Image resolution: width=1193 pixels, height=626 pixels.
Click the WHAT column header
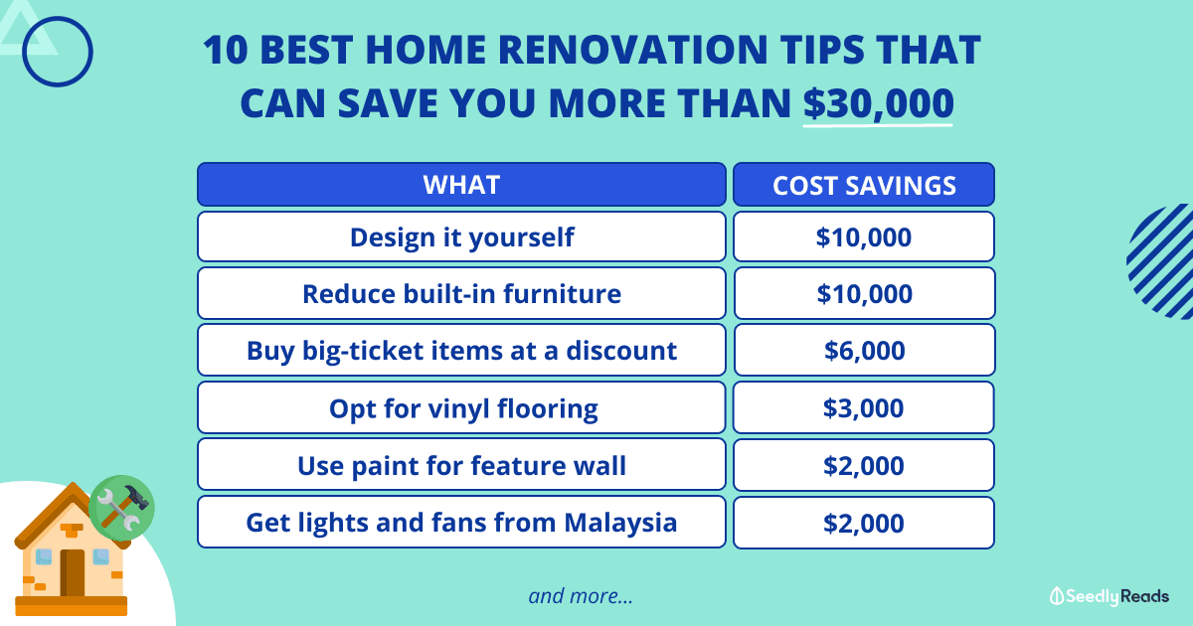pyautogui.click(x=461, y=184)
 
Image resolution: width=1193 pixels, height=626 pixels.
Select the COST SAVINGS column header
pyautogui.click(x=864, y=184)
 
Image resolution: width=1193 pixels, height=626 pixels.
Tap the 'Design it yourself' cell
pyautogui.click(x=461, y=236)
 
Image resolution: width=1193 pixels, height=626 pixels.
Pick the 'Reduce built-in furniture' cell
pyautogui.click(x=461, y=293)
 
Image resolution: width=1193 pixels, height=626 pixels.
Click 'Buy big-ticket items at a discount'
pyautogui.click(x=461, y=350)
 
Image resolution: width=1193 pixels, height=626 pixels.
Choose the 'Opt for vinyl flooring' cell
pyautogui.click(x=461, y=407)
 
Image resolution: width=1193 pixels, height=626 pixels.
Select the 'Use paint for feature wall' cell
pyautogui.click(x=461, y=465)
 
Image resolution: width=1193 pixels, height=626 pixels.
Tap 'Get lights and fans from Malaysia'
pyautogui.click(x=461, y=523)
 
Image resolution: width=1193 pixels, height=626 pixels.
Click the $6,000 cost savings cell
pyautogui.click(x=864, y=350)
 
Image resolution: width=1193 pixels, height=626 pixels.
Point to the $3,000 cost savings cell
pyautogui.click(x=864, y=407)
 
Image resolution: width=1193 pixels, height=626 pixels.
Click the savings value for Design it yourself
pyautogui.click(x=864, y=236)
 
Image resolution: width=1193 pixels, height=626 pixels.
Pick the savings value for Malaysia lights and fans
pyautogui.click(x=864, y=523)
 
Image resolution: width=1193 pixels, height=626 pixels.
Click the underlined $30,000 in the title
pyautogui.click(x=878, y=103)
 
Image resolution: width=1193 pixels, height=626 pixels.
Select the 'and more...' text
pyautogui.click(x=581, y=596)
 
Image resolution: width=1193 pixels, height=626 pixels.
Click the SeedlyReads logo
pyautogui.click(x=1108, y=596)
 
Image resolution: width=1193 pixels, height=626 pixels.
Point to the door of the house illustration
pyautogui.click(x=72, y=572)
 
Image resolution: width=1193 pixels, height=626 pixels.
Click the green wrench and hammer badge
pyautogui.click(x=122, y=508)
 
